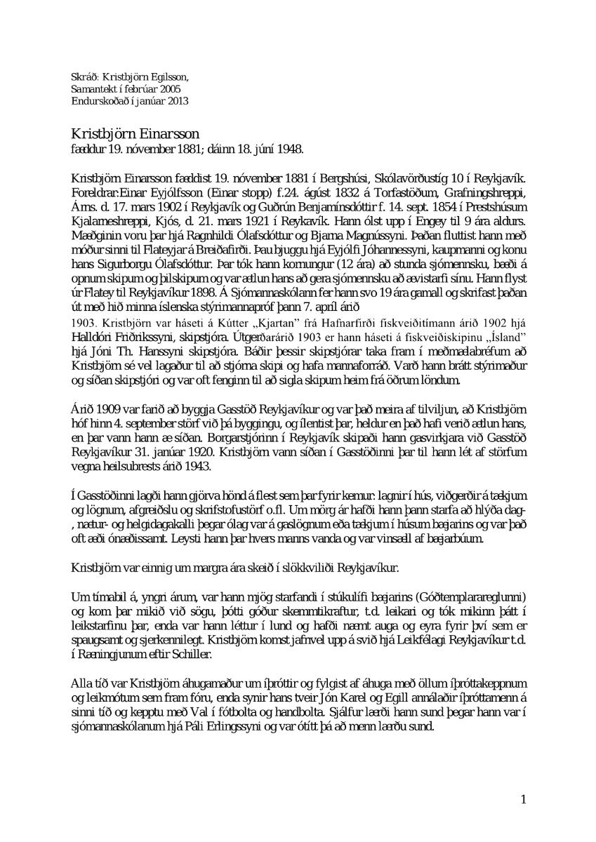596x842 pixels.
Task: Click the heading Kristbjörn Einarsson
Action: pyautogui.click(x=135, y=133)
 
